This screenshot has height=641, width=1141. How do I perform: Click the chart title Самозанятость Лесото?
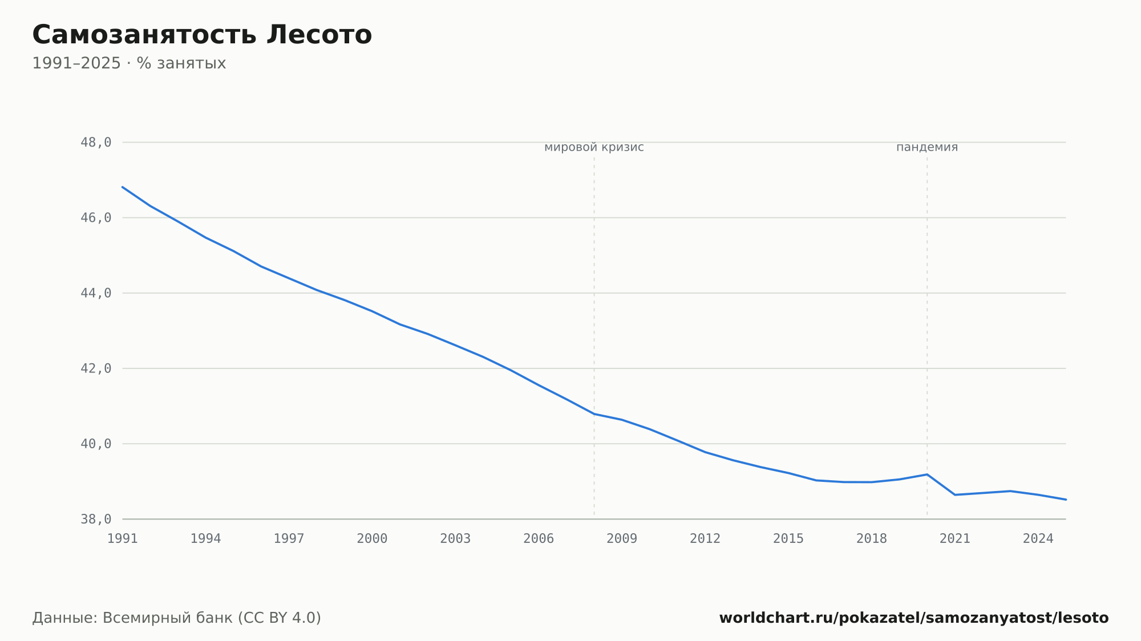[202, 35]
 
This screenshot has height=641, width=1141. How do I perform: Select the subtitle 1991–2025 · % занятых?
[129, 63]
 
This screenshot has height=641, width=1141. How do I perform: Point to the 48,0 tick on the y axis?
[96, 143]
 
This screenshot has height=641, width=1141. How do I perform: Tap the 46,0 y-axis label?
[96, 218]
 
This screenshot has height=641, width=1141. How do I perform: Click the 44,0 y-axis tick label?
[96, 293]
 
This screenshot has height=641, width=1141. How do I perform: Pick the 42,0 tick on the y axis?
[96, 368]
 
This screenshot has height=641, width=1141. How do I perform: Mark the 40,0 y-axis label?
[96, 444]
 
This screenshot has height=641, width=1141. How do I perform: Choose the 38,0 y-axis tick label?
[96, 519]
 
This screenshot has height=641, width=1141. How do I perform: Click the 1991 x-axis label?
[123, 539]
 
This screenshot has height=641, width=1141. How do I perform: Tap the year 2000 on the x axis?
[372, 539]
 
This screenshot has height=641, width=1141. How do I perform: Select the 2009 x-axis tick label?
[622, 539]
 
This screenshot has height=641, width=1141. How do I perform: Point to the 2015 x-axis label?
[788, 539]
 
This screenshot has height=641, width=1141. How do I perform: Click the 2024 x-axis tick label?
[1038, 539]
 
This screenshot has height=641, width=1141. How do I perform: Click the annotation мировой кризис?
[594, 147]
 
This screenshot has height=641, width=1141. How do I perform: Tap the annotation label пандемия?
[927, 147]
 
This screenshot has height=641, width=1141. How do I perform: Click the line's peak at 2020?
[927, 474]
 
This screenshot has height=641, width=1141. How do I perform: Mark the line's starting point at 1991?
[123, 187]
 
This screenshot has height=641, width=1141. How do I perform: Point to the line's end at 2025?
[1066, 500]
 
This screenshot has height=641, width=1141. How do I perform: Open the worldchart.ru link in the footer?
[914, 618]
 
